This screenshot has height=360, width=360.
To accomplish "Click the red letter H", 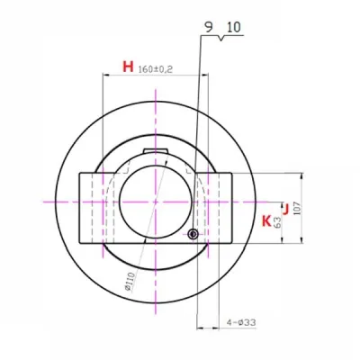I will click(128, 67).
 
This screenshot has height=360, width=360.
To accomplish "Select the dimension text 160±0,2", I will click(157, 68).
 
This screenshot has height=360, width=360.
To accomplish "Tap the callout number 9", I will click(209, 29).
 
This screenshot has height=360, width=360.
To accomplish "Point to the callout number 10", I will click(233, 29).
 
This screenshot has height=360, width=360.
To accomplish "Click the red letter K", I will click(265, 220).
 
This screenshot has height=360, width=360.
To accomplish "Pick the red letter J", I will click(285, 210).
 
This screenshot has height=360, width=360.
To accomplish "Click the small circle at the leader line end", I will click(193, 235).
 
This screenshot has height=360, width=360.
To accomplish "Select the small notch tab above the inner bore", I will click(156, 150).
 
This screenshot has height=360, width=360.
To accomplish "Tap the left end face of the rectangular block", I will click(80, 207).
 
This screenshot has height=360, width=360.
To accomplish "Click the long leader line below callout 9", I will click(196, 135).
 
